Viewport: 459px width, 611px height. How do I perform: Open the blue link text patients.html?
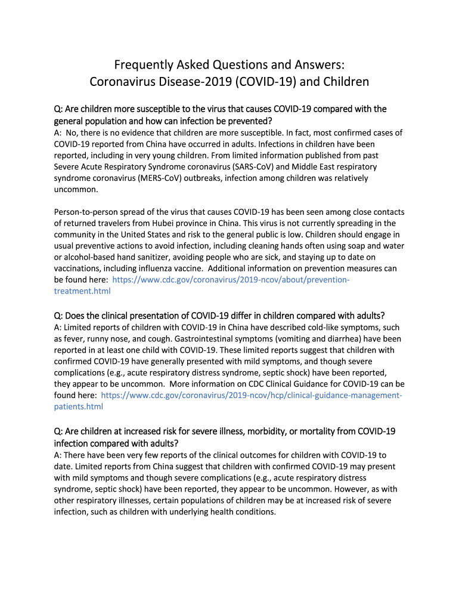point(78,406)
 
